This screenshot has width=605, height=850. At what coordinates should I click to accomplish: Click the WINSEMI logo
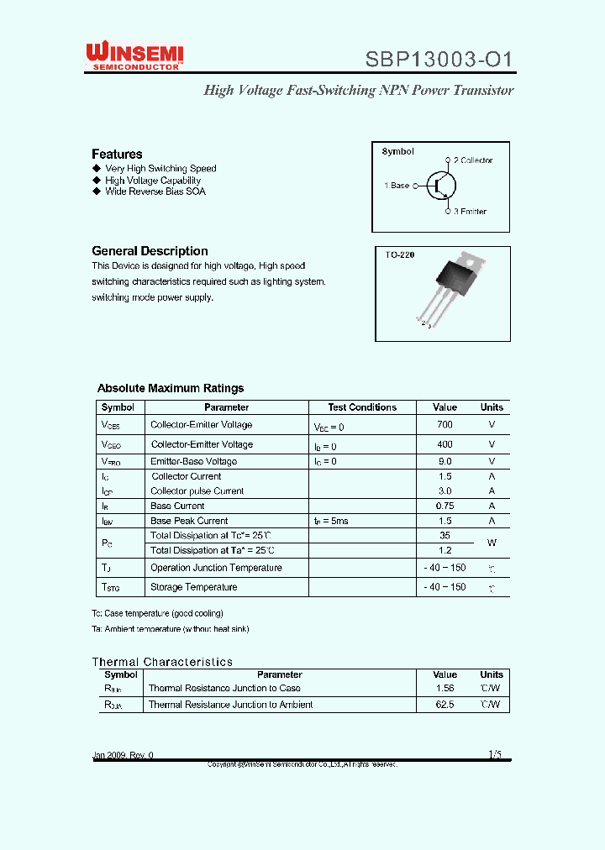[x=134, y=57]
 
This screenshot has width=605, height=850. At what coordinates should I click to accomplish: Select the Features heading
[x=117, y=154]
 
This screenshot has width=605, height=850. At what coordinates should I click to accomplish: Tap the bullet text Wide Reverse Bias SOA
[x=155, y=192]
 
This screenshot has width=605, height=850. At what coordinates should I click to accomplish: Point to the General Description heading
[x=150, y=251]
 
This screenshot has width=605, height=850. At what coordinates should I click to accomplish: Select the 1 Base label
[x=397, y=186]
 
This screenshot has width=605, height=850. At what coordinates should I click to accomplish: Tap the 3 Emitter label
[x=470, y=212]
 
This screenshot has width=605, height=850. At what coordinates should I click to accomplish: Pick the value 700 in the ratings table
[x=445, y=426]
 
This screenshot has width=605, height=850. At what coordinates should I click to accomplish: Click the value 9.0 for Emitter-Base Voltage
[x=445, y=461]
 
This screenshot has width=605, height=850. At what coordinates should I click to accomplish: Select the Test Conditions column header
[x=362, y=407]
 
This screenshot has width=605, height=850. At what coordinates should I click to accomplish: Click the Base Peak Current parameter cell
[x=189, y=521]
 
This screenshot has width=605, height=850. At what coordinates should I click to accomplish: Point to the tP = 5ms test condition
[x=331, y=522]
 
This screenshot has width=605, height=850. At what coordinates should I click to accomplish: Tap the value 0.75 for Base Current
[x=445, y=506]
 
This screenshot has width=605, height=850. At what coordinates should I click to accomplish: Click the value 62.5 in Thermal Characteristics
[x=445, y=705]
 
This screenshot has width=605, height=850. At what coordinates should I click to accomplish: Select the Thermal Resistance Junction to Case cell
[x=224, y=689]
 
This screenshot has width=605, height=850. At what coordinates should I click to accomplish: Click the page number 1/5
[x=494, y=754]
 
